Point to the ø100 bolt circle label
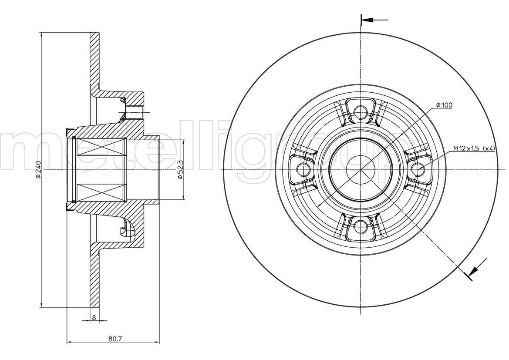coord(444,105)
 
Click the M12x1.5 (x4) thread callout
coord(474,148)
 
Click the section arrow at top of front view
coord(374,20)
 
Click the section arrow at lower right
coord(478,267)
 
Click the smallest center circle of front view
coord(361,169)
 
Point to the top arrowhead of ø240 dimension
coord(41,35)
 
